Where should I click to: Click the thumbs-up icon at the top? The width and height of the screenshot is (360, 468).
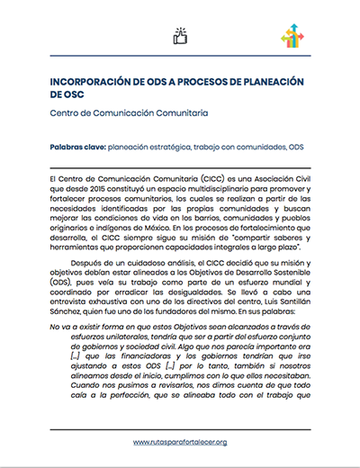click(179, 36)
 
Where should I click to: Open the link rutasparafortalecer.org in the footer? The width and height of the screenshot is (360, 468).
click(180, 443)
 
